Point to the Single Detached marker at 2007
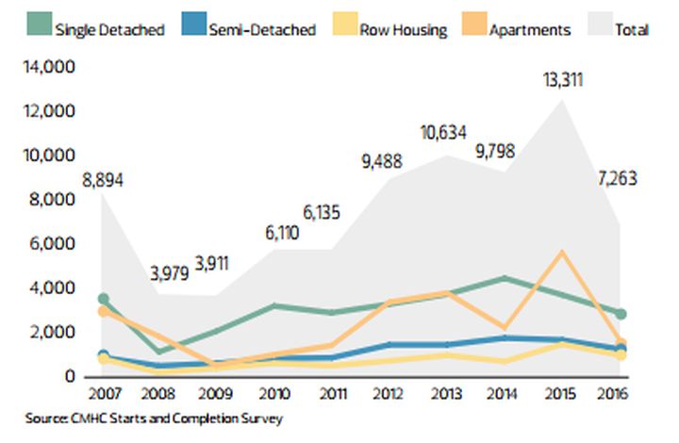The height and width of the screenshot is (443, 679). tap(103, 299)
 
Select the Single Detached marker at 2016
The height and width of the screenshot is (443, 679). tap(620, 314)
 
